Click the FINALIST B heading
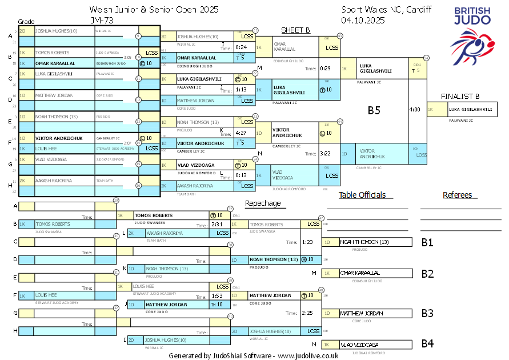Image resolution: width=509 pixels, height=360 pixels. click(460, 97)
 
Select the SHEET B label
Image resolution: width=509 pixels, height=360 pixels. click(295, 30)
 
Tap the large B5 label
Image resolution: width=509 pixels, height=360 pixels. click(374, 111)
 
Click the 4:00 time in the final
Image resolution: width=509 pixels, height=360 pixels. click(415, 109)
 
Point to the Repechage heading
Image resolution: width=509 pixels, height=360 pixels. click(263, 203)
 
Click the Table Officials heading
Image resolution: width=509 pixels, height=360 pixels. click(362, 195)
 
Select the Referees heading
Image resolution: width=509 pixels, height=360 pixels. click(458, 195)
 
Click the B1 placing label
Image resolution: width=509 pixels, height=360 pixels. click(427, 242)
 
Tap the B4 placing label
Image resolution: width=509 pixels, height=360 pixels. click(427, 344)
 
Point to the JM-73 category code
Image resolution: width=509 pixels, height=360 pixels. click(101, 20)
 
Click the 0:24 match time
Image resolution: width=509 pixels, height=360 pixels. click(241, 47)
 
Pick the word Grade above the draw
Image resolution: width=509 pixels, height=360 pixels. click(26, 21)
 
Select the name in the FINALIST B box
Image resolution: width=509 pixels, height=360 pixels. click(470, 109)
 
